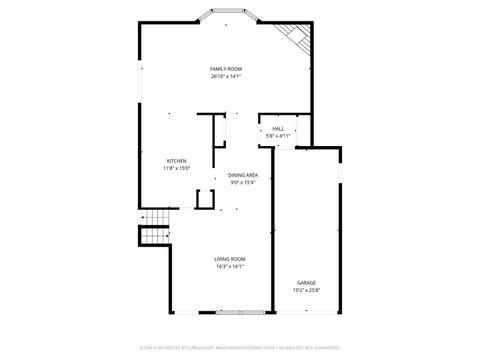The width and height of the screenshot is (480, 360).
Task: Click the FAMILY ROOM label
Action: click(x=226, y=69)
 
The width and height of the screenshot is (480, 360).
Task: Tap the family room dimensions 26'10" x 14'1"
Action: click(x=226, y=76)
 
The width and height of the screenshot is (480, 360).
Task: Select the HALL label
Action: click(x=277, y=128)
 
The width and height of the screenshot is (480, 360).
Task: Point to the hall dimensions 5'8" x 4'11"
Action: click(x=277, y=135)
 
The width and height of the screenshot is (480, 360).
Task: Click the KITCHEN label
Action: click(x=176, y=161)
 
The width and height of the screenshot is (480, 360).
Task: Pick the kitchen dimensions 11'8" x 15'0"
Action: click(x=176, y=168)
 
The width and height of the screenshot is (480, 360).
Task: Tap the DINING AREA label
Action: click(x=243, y=175)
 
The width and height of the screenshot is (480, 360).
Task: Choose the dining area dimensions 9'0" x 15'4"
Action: click(x=243, y=182)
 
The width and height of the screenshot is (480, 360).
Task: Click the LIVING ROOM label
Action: click(x=230, y=259)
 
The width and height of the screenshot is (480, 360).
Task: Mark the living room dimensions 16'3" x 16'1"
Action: click(x=230, y=266)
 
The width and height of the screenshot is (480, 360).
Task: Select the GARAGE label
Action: click(x=306, y=283)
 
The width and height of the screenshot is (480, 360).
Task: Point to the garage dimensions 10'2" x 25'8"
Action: click(x=306, y=290)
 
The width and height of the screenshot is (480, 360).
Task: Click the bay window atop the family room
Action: click(x=226, y=15)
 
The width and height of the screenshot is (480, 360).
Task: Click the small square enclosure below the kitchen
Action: click(x=205, y=198)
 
